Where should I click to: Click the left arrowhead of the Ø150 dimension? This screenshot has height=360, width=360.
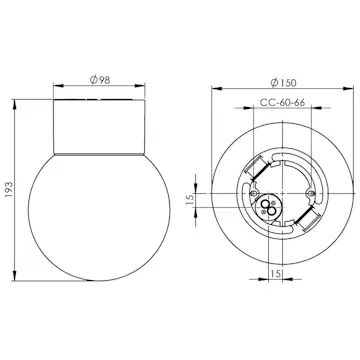pyautogui.click(x=211, y=88)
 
